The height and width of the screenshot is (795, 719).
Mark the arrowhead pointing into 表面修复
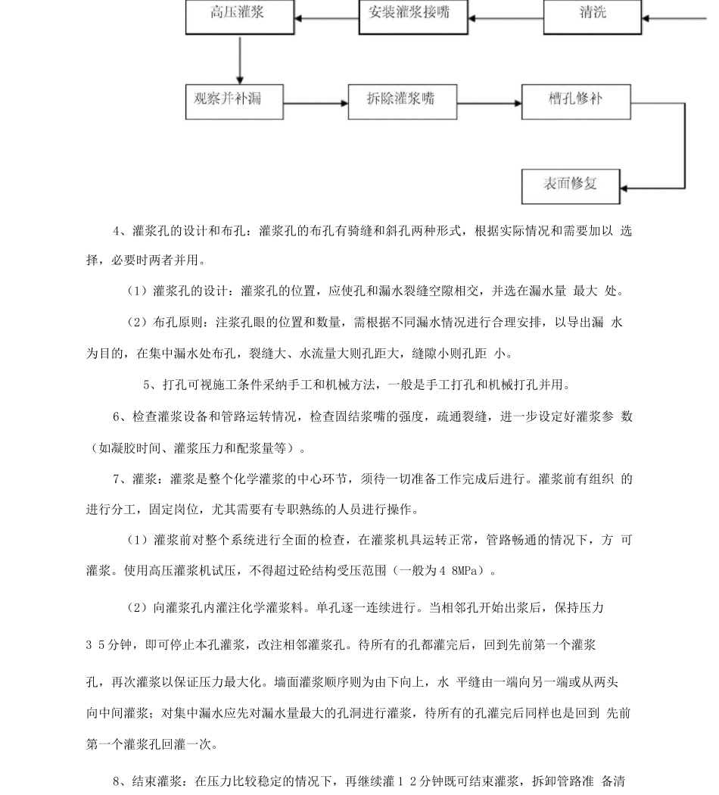click(x=627, y=188)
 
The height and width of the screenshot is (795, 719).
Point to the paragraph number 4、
click(x=120, y=230)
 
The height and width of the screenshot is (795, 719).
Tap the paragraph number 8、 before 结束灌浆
click(x=120, y=781)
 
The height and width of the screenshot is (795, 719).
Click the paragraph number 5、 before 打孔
click(x=150, y=385)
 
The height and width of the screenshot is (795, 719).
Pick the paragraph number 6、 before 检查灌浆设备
click(x=120, y=416)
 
